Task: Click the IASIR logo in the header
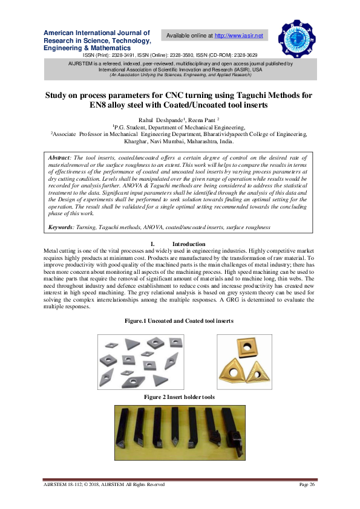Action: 297,38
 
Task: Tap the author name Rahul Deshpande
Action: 155,120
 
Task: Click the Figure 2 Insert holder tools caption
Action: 179,397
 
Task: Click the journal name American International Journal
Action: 96,33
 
